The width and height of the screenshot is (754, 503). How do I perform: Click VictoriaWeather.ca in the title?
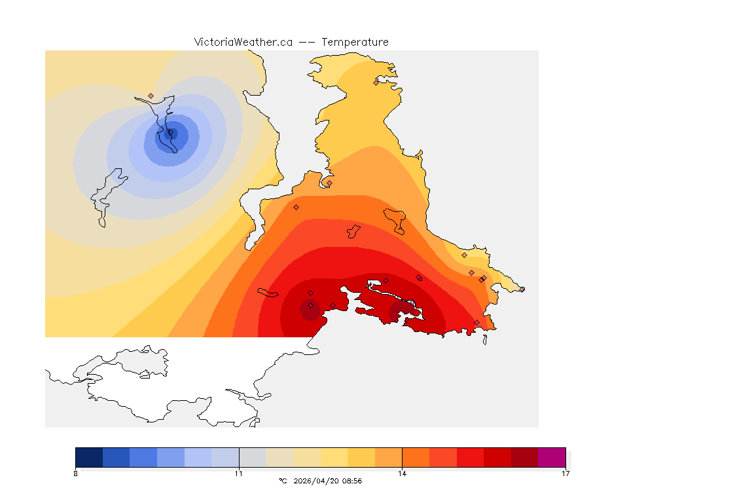tap(243, 42)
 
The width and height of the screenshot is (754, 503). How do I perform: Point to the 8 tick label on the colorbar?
tap(76, 474)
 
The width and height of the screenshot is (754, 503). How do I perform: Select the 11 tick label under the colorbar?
tap(239, 474)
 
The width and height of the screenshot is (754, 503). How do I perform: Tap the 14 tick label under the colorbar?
tap(402, 474)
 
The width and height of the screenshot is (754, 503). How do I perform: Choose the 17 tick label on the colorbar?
tap(565, 474)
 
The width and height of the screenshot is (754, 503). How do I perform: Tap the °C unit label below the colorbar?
tap(283, 481)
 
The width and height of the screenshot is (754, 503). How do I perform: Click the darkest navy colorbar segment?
tap(89, 457)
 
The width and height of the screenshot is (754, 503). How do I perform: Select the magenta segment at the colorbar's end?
tap(552, 457)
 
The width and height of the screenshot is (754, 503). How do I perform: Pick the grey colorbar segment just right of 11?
tap(253, 457)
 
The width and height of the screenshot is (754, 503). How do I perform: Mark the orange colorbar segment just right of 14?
tap(416, 457)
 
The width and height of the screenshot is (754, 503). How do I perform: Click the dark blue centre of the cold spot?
tap(171, 133)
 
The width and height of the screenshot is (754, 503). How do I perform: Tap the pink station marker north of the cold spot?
tap(151, 96)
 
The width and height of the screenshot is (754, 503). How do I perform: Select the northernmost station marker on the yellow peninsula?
tap(376, 83)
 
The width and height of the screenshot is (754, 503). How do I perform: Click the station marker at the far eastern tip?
tap(522, 289)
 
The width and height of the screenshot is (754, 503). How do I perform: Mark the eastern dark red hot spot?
tap(401, 310)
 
